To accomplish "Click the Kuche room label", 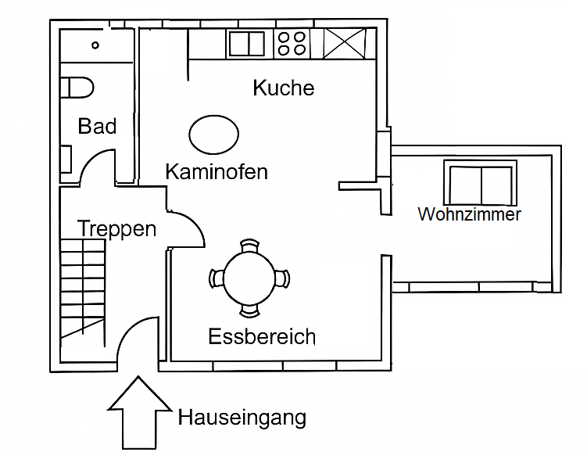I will tap(283, 88).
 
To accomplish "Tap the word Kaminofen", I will tap(217, 171).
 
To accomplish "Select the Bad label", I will tap(98, 126).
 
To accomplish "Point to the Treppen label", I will tap(116, 229).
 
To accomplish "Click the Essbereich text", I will tap(262, 337).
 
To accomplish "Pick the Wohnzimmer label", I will tap(469, 214).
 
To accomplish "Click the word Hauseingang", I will tap(242, 418).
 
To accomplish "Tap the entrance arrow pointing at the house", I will tap(139, 412).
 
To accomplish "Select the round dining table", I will tap(249, 278).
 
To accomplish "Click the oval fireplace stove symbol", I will tap(213, 135).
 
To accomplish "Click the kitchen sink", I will tap(246, 43).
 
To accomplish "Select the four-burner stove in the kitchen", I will tap(292, 43).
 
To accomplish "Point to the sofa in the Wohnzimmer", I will tap(480, 182).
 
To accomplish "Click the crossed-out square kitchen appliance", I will tap(345, 43).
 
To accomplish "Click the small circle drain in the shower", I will tap(95, 45).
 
